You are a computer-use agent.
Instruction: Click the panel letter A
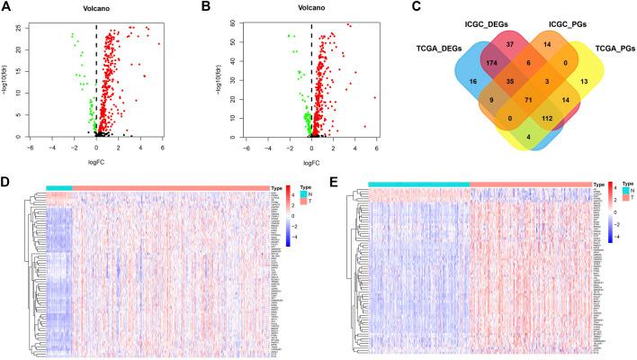coord(7,8)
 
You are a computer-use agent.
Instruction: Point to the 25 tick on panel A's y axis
coord(22,27)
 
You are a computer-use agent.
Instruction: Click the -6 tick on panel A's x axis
coord(31,148)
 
